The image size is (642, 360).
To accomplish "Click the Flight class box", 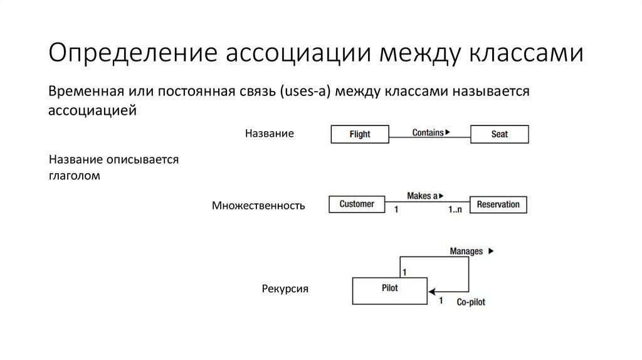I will coord(359,134).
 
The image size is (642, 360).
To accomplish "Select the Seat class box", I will coord(499,134).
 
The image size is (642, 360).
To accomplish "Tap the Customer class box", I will coord(357,204).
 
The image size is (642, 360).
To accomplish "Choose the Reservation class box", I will coord(498,204).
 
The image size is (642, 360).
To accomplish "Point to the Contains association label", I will coord(428,132).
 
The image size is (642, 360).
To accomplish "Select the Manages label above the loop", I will coord(466,251).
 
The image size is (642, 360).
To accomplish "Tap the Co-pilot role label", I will coord(470,302).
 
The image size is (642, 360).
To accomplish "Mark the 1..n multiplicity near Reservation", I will coord(455,209).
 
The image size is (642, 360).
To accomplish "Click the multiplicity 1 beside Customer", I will coord(396,209).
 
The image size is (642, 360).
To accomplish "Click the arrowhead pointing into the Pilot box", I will coord(432,291).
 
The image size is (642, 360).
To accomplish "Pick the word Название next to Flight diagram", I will coord(269,134).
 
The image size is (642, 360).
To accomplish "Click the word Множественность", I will coord(258,206).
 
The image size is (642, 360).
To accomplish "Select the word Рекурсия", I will coord(285,289).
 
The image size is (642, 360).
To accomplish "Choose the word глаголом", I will coord(74,176).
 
